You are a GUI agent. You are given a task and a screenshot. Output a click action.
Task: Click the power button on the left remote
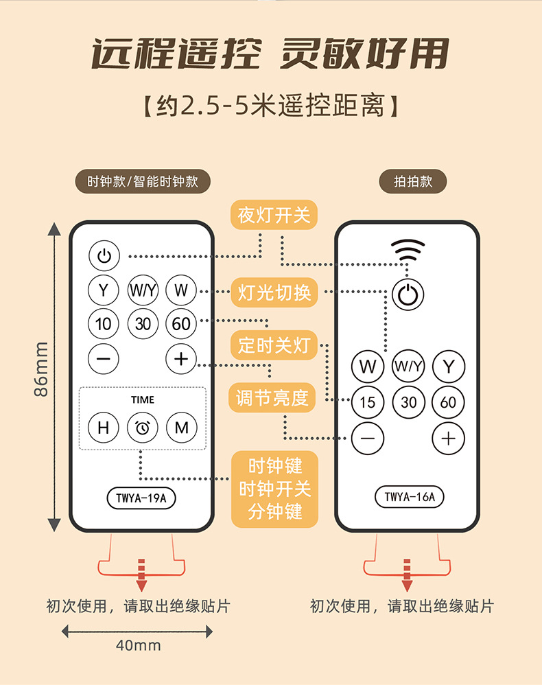(x=104, y=257)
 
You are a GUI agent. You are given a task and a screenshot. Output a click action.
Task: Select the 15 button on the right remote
(x=368, y=402)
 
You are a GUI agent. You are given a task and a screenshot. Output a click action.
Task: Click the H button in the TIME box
(x=104, y=428)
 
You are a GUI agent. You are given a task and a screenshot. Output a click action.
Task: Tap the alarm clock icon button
(x=143, y=428)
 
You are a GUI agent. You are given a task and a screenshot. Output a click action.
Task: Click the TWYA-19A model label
(x=141, y=498)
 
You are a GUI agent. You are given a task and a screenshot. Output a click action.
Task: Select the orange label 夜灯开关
(x=274, y=215)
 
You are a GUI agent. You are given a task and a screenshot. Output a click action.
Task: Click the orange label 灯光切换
(x=274, y=293)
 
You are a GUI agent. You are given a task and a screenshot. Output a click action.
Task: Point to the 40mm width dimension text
(x=139, y=645)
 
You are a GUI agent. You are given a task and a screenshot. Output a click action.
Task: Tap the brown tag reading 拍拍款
(x=412, y=182)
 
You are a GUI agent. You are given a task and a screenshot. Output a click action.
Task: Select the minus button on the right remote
(x=368, y=438)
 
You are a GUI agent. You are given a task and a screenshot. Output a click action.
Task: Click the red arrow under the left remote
(x=141, y=574)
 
